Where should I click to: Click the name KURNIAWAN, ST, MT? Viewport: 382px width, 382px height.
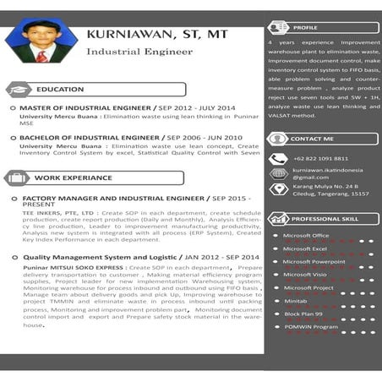(156, 35)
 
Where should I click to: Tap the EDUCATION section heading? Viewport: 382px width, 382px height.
(60, 89)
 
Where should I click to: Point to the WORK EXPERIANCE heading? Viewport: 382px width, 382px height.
(73, 178)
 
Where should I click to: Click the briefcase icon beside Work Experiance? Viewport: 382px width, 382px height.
(17, 178)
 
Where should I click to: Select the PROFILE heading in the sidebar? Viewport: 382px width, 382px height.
(305, 27)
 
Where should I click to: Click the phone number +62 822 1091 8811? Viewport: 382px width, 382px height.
(320, 158)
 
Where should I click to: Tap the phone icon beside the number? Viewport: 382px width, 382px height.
(278, 159)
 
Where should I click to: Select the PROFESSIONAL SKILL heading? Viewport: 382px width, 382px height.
(325, 218)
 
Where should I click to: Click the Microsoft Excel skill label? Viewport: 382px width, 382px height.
(304, 248)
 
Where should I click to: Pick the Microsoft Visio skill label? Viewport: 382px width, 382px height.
(304, 274)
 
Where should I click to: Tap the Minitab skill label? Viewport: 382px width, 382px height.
(296, 300)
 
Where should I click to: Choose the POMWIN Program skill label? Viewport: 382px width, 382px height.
(310, 326)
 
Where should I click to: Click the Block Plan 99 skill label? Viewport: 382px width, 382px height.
(303, 313)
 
